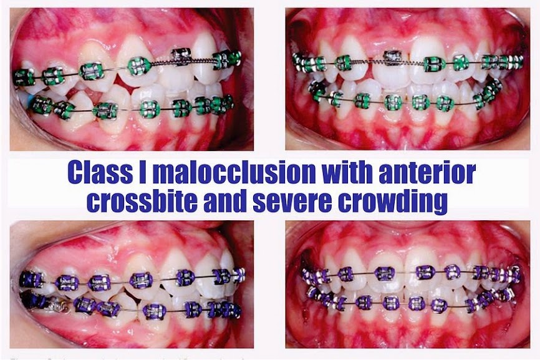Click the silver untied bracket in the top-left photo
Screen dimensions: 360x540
point(181,56)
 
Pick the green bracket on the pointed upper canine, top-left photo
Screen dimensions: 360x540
point(138,65)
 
